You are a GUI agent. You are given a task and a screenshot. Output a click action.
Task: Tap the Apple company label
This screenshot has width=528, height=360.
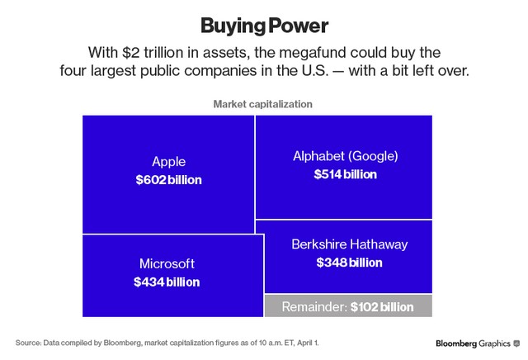pyautogui.click(x=168, y=162)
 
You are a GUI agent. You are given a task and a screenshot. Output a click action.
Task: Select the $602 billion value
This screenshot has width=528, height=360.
pyautogui.click(x=168, y=179)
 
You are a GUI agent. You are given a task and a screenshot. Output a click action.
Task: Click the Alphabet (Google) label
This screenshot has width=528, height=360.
pyautogui.click(x=346, y=156)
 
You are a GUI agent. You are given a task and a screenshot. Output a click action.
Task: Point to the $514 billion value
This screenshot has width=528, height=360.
pyautogui.click(x=346, y=174)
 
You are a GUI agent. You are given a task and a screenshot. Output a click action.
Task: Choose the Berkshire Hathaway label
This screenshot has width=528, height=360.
pyautogui.click(x=349, y=244)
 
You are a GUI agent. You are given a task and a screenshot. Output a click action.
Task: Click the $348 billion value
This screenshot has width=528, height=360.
pyautogui.click(x=349, y=263)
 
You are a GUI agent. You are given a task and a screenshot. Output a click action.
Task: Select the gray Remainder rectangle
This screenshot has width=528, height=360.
pyautogui.click(x=347, y=306)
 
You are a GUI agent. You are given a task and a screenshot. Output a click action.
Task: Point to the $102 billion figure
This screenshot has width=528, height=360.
pyautogui.click(x=382, y=307)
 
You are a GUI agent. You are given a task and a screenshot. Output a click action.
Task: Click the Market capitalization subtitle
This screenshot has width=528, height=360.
pyautogui.click(x=262, y=104)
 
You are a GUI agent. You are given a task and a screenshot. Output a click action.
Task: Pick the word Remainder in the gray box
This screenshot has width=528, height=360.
pyautogui.click(x=314, y=307)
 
